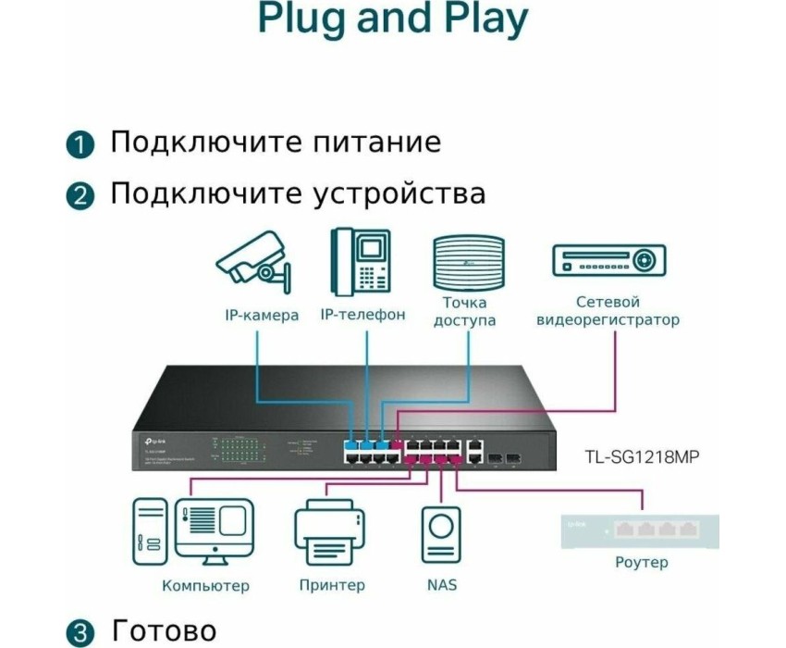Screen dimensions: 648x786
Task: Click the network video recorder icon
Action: (608, 260)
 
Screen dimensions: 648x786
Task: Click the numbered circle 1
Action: (80, 144)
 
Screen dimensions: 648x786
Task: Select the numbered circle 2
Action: (80, 196)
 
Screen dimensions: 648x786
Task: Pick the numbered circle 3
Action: (80, 633)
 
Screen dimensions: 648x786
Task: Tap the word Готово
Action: (164, 631)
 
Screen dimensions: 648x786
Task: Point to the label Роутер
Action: (641, 562)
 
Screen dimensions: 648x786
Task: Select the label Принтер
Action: (332, 585)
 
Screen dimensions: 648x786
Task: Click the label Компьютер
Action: (205, 585)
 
